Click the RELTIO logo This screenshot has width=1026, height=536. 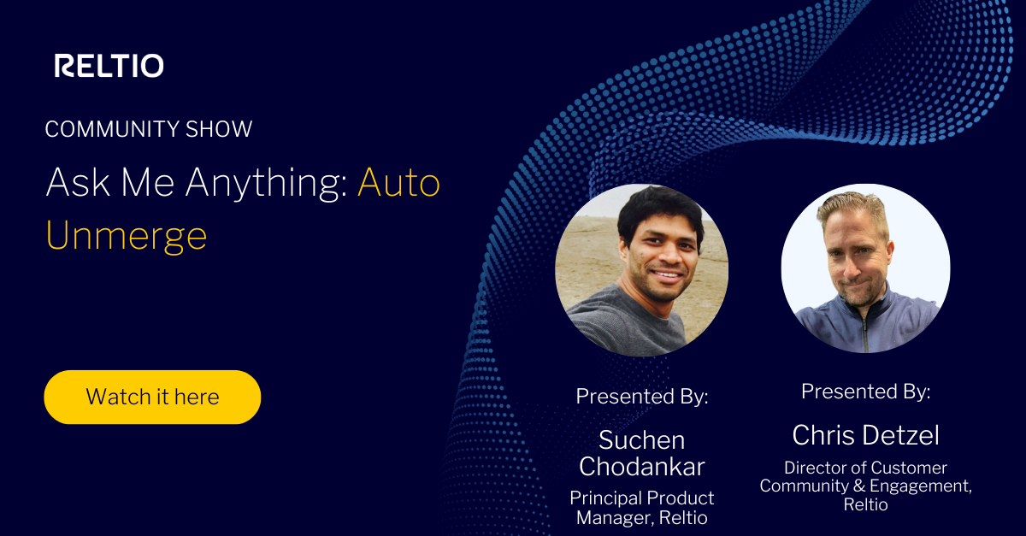click(109, 66)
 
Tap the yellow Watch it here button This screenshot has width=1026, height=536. click(152, 397)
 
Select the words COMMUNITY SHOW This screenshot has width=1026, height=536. click(149, 129)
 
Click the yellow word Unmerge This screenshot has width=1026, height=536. click(127, 236)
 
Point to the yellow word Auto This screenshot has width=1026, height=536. click(398, 182)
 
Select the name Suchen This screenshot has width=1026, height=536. click(641, 440)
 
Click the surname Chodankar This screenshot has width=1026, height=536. click(642, 467)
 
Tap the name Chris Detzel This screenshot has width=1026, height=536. click(865, 435)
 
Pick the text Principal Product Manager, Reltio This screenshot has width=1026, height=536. click(642, 507)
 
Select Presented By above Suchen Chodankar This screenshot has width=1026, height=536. click(642, 396)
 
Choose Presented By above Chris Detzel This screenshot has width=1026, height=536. click(865, 392)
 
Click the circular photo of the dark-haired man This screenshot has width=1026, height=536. click(641, 268)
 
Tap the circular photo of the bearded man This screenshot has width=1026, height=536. click(865, 268)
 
